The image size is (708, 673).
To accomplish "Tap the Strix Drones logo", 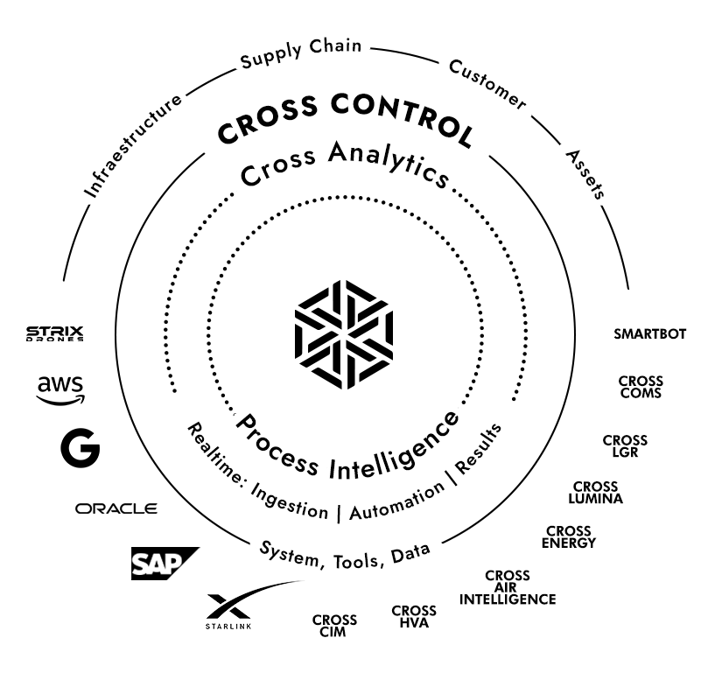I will [54, 333].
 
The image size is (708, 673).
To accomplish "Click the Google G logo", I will [80, 448].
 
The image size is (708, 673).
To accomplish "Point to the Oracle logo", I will [116, 508].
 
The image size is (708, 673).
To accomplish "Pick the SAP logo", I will [163, 563].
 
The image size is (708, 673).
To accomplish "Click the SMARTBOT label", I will [649, 333].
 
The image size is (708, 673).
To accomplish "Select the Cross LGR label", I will [625, 445].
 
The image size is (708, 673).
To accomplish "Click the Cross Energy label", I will [570, 536].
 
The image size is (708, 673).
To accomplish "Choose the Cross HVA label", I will [414, 617].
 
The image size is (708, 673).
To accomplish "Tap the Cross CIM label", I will [333, 627].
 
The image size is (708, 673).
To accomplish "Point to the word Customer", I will [487, 86].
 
